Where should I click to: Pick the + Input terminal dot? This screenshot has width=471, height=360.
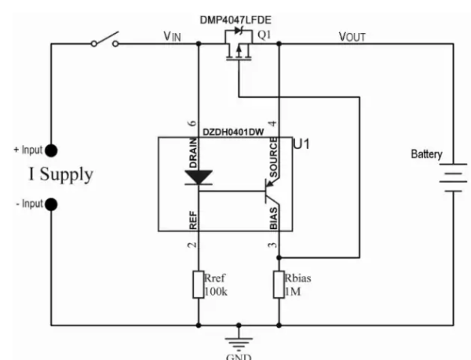[x=51, y=151]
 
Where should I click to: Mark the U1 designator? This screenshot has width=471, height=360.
[x=300, y=146]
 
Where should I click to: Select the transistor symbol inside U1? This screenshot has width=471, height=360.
[x=272, y=191]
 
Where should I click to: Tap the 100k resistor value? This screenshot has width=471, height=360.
[x=217, y=292]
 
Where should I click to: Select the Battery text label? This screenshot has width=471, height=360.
[x=427, y=155]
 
